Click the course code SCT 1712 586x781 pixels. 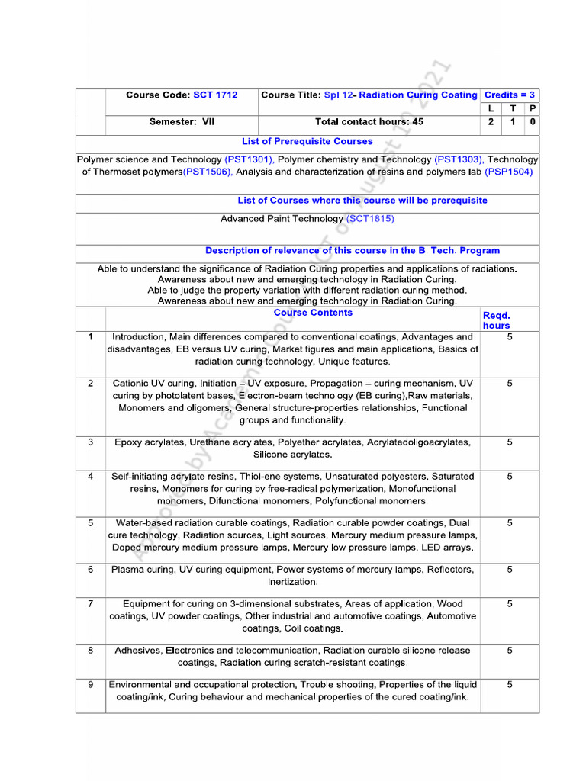click(x=215, y=95)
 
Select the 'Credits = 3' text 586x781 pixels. click(x=510, y=95)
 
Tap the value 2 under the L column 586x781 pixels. click(x=491, y=122)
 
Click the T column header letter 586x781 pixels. click(x=512, y=109)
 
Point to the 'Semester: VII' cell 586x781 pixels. click(x=182, y=122)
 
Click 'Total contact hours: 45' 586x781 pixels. click(x=369, y=122)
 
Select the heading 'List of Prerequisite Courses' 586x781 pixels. click(x=307, y=142)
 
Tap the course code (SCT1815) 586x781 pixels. click(x=370, y=219)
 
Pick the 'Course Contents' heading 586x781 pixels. click(x=313, y=313)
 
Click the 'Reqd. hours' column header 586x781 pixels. click(x=496, y=320)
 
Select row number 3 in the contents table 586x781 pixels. click(x=91, y=442)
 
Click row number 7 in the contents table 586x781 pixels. click(x=91, y=604)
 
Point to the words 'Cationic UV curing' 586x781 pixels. click(x=153, y=384)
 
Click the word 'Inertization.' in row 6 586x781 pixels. click(x=293, y=582)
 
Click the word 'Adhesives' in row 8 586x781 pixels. click(x=137, y=651)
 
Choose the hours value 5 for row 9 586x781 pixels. click(x=510, y=685)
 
